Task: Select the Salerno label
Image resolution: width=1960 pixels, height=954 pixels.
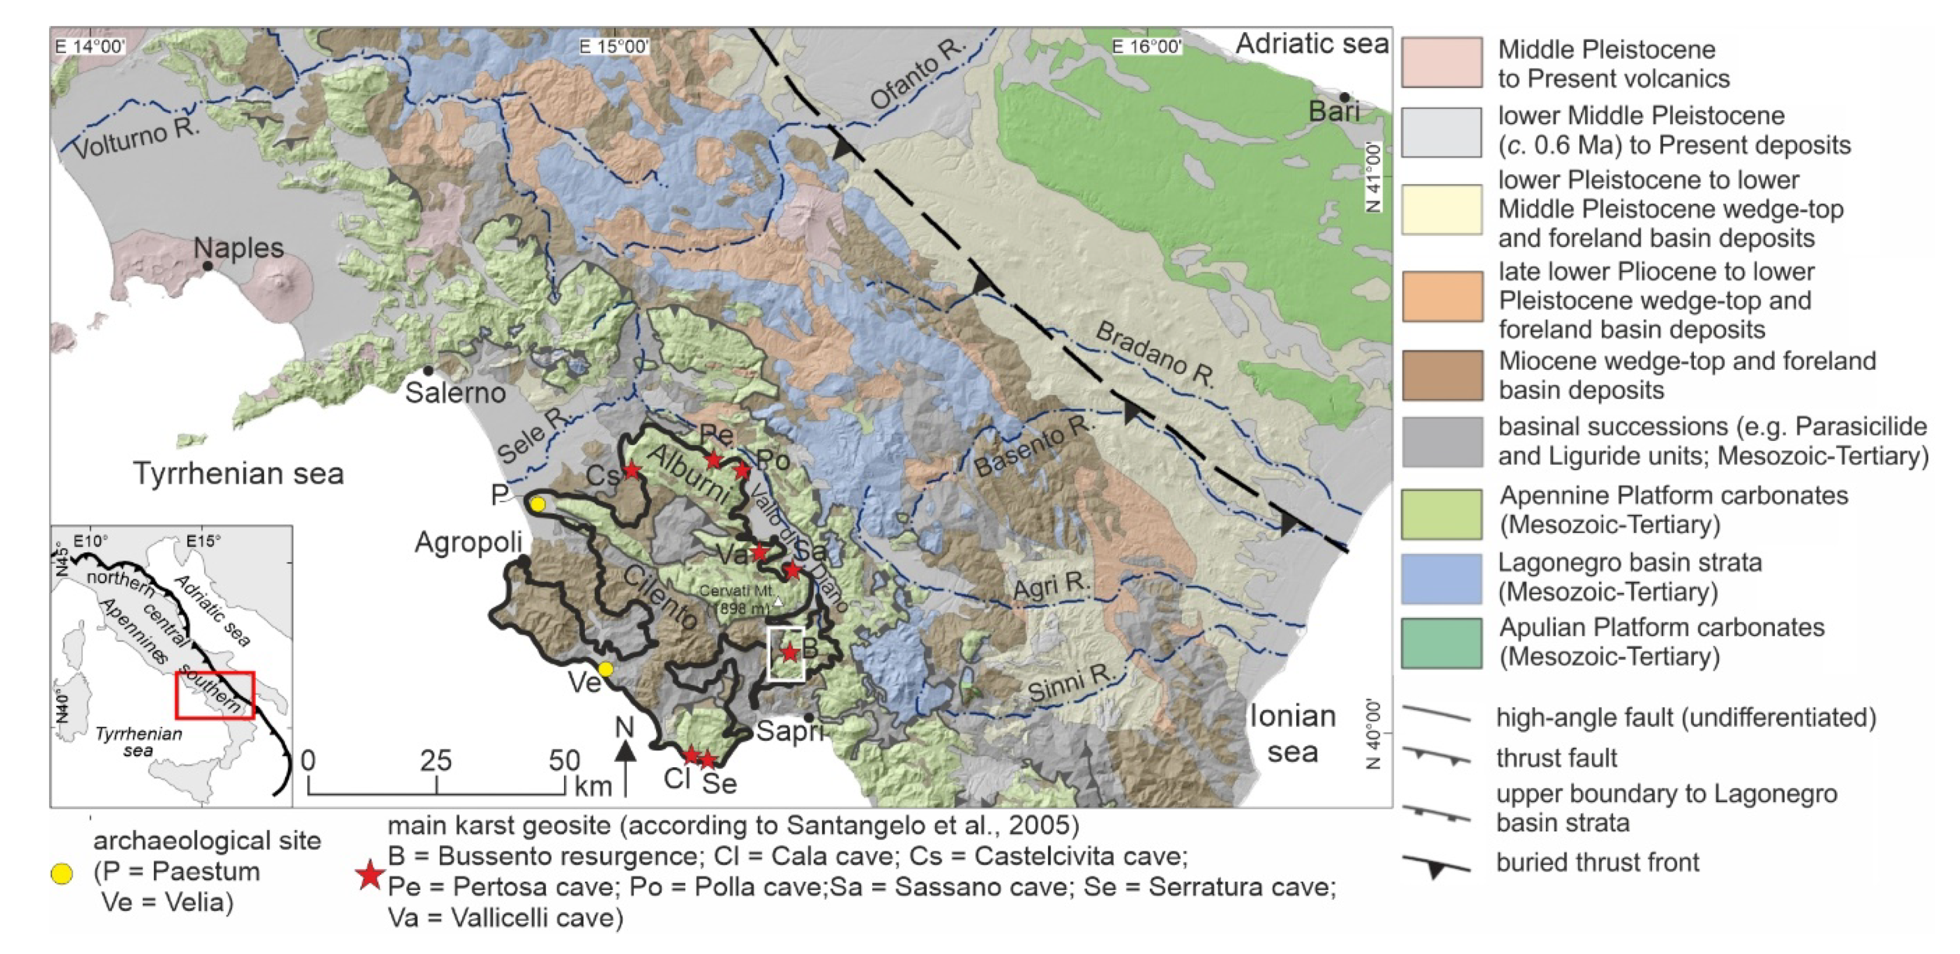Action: pos(455,392)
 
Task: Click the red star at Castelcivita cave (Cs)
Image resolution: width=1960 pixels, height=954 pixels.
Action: pos(632,470)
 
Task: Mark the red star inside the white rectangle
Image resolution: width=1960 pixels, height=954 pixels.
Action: pos(790,652)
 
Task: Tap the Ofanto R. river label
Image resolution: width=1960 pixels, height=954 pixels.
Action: pos(917,74)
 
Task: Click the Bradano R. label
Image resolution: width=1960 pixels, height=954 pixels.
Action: pos(1155,355)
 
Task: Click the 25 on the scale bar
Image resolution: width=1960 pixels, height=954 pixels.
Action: pos(435,760)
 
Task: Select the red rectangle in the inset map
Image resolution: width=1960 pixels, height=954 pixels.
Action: pos(214,695)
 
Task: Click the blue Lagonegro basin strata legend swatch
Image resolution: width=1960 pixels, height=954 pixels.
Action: pos(1441,578)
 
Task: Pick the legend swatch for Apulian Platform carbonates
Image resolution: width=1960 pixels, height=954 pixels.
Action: pos(1441,643)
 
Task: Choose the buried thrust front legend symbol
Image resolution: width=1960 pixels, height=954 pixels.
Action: pos(1436,866)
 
